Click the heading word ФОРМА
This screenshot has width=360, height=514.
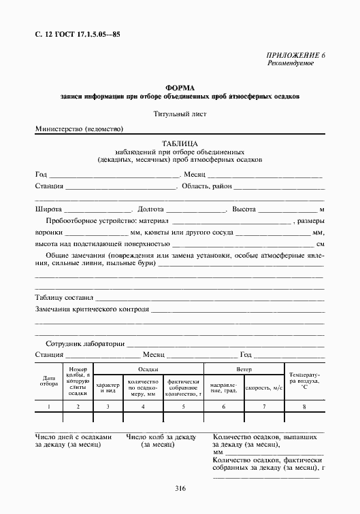click(180, 88)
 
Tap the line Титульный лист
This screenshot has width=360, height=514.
click(180, 114)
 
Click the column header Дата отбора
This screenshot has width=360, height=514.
click(49, 381)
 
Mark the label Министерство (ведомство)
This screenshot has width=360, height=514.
click(80, 128)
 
